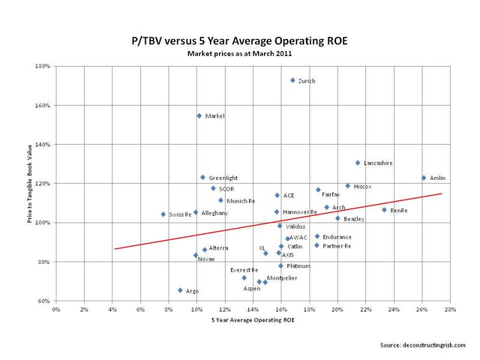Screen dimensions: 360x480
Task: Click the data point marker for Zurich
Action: pos(292,80)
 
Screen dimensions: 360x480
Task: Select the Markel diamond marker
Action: pos(199,116)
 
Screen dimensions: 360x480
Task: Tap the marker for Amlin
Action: pos(424,178)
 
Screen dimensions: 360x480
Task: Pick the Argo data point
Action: pos(180,290)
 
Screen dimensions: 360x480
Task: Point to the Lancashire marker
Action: pos(358,163)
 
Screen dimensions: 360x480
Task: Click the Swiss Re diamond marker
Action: pos(163,214)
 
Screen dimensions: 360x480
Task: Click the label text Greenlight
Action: pos(223,178)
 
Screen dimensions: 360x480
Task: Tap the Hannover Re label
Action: pos(300,212)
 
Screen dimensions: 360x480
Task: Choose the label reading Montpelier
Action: pos(281,278)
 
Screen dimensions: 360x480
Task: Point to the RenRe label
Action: pos(399,210)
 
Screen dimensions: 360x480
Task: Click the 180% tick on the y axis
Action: pos(42,66)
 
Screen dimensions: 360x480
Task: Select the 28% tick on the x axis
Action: pos(451,310)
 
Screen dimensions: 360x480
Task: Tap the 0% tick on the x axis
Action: pos(56,310)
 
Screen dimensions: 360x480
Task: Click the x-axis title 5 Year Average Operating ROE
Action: pos(253,320)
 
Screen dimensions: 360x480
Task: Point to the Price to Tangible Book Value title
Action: pos(30,184)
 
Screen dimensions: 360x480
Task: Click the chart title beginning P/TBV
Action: pos(239,41)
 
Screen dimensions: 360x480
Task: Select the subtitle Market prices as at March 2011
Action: pos(239,53)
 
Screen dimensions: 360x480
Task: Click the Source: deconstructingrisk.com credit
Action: pos(422,345)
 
